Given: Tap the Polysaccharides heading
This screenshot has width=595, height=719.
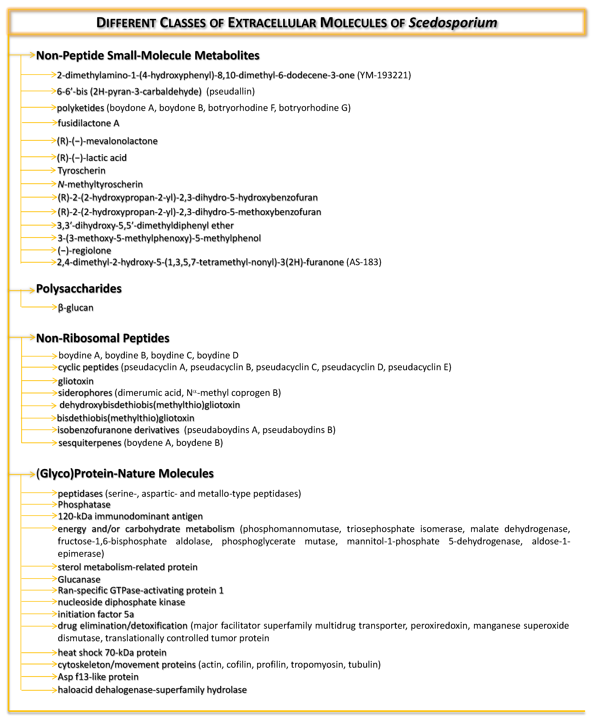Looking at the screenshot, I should (x=79, y=289).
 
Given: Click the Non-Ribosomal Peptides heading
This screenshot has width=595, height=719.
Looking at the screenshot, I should (x=103, y=338).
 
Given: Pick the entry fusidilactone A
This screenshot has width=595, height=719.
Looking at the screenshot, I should (x=88, y=123).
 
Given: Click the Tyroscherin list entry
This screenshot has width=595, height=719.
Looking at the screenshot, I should (x=82, y=170).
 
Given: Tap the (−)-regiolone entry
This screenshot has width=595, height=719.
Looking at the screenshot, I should (x=84, y=250).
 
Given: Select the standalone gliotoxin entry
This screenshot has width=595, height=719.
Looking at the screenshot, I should (x=76, y=381).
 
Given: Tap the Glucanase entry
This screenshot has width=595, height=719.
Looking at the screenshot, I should (x=79, y=579).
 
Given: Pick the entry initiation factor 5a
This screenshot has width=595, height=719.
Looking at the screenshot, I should (x=96, y=614).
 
